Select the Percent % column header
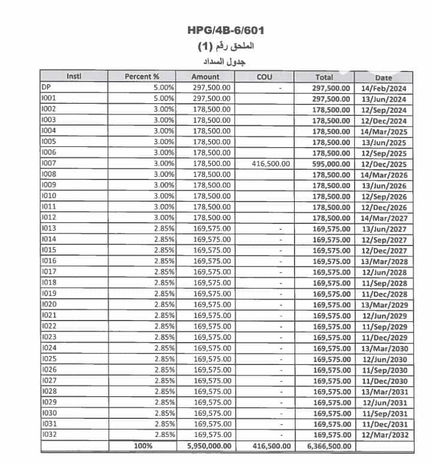tap(142, 77)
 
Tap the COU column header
tap(265, 77)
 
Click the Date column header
tap(383, 77)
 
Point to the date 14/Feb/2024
tap(385, 88)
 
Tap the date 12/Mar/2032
tap(385, 435)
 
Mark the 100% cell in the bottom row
tap(143, 446)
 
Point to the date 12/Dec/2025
tap(385, 164)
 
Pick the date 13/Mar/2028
tap(385, 261)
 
